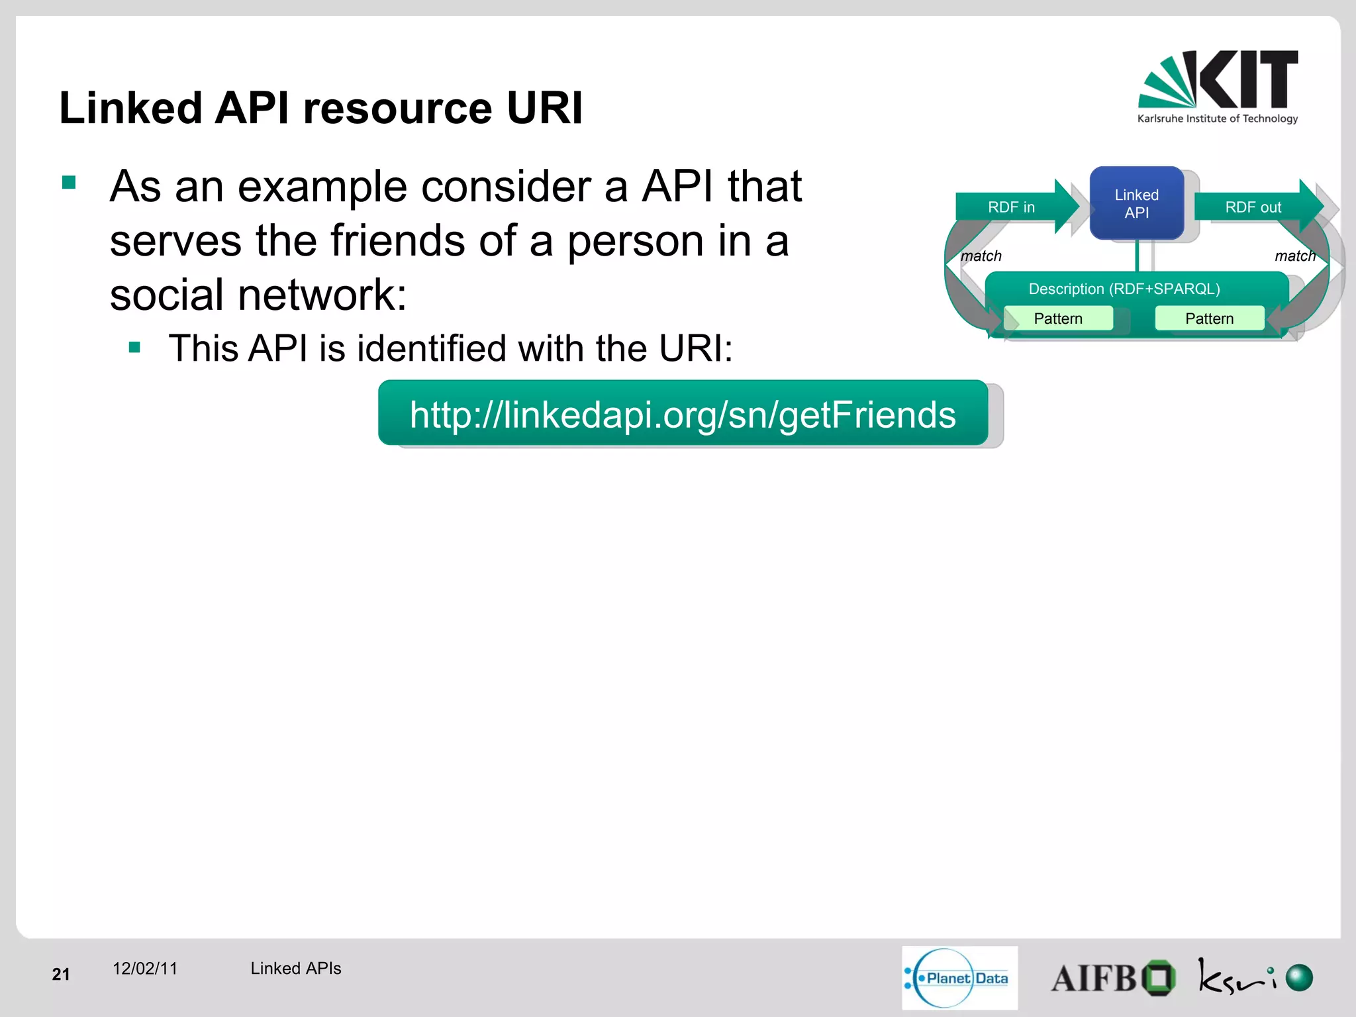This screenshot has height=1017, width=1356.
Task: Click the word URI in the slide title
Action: (x=544, y=108)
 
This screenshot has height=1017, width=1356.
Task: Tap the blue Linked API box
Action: (x=1136, y=204)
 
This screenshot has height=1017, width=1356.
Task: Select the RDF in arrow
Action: (x=1013, y=207)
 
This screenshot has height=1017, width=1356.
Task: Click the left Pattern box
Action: (x=1057, y=318)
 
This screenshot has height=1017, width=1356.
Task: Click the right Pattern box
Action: (x=1209, y=318)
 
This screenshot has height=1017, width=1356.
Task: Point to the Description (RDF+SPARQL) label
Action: (x=1124, y=289)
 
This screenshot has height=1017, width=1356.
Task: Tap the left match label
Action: (x=981, y=256)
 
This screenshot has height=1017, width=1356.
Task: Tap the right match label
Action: (x=1294, y=256)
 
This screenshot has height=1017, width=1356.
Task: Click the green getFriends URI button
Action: (x=683, y=414)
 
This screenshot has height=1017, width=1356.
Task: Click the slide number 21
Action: (x=61, y=974)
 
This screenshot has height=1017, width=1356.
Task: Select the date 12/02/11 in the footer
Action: (x=145, y=969)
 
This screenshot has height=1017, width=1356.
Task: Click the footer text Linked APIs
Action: (x=295, y=969)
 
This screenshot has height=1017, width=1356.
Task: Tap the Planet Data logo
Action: (x=959, y=978)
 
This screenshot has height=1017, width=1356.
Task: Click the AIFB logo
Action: (x=1112, y=978)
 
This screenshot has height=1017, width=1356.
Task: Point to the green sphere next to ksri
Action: (x=1298, y=977)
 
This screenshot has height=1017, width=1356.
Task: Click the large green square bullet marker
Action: (x=69, y=182)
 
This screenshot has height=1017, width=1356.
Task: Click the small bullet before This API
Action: (x=135, y=348)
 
